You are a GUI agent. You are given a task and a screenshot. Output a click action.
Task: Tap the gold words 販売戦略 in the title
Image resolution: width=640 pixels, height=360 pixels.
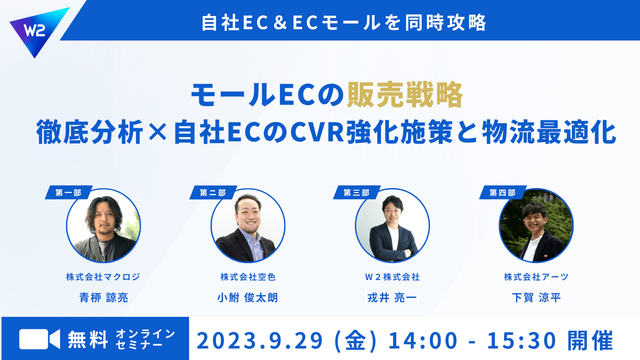pos(405,94)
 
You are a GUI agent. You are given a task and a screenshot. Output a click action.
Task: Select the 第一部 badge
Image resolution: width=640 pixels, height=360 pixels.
pos(69,192)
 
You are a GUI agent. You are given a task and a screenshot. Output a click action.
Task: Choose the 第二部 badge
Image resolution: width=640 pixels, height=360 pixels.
pos(213,192)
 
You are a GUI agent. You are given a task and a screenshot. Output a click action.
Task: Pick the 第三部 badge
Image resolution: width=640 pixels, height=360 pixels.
pos(357,192)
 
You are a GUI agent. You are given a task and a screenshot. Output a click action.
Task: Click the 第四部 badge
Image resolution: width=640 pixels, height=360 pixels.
pos(503,192)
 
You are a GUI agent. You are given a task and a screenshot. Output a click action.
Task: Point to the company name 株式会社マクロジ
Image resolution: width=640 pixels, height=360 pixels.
pos(103,277)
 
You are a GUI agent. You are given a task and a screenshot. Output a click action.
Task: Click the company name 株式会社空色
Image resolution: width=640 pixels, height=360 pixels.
pos(248,277)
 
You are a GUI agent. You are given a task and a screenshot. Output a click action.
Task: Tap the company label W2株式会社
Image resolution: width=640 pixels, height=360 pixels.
pos(392,277)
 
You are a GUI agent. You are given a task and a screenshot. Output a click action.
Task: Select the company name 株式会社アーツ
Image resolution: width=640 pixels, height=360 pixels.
pos(536,277)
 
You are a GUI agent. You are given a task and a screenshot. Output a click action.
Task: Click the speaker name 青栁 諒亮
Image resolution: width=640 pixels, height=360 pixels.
pos(103,297)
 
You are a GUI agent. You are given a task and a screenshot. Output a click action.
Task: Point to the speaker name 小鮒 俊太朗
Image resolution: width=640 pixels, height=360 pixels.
pos(248,297)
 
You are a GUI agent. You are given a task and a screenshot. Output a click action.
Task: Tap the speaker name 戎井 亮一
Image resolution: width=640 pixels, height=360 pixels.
pos(392,297)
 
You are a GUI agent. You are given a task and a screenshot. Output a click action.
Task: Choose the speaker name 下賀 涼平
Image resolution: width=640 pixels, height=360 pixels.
pos(536,297)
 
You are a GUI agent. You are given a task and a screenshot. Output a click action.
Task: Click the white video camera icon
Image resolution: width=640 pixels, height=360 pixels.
pos(39,339)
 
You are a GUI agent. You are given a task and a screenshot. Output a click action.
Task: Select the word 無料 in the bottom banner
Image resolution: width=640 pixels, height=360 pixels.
pos(88,339)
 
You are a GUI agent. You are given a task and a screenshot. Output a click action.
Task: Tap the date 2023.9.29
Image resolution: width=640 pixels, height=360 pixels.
pos(260,341)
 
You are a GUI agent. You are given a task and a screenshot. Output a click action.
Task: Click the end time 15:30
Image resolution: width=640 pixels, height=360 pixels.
pos(522,341)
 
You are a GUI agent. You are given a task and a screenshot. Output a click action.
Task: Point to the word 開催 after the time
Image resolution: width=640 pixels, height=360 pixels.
pos(590,341)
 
